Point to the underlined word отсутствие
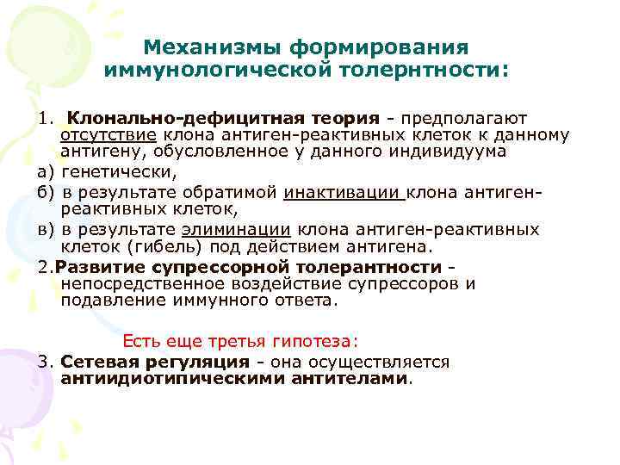[x=108, y=135]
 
